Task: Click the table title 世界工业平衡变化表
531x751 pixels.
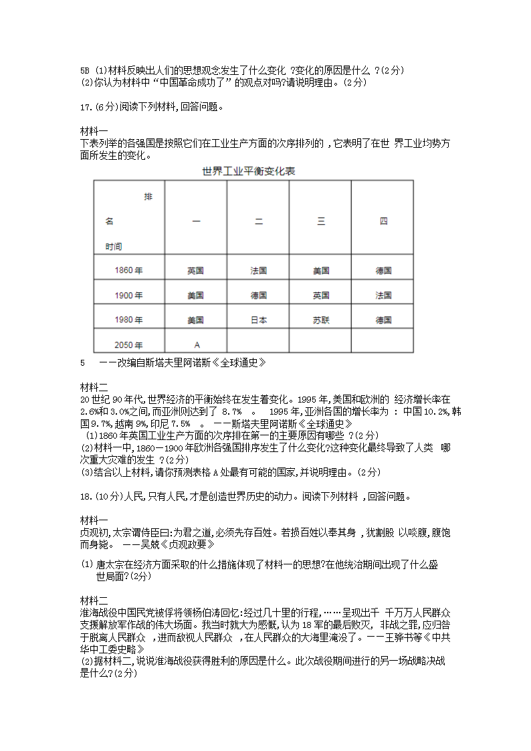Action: point(249,172)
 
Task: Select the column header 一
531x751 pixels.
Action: point(196,221)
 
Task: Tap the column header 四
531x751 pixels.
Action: point(383,221)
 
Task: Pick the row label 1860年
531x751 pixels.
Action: point(128,271)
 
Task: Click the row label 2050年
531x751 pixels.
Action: point(128,345)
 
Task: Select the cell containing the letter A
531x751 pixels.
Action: point(197,345)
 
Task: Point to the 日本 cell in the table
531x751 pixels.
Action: point(258,320)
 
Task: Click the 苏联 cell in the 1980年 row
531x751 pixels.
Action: point(321,320)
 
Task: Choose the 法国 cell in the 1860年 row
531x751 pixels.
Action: point(258,271)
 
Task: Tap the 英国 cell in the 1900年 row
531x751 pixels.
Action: point(321,296)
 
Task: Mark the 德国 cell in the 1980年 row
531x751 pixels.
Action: point(383,320)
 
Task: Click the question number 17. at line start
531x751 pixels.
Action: point(86,106)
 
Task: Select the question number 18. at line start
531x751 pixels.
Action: point(86,496)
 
